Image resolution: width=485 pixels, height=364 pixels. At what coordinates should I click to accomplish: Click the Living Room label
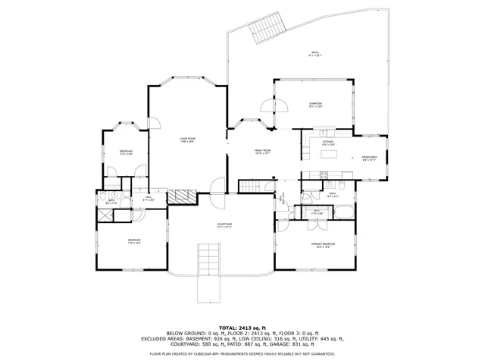187,139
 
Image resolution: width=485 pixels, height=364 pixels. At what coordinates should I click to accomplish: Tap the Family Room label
262,151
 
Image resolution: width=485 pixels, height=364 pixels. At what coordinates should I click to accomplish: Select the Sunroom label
316,105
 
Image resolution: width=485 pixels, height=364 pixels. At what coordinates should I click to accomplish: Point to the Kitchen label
328,143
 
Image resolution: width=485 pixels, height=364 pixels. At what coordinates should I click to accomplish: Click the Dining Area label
370,158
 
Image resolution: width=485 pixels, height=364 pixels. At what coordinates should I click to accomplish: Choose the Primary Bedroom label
322,245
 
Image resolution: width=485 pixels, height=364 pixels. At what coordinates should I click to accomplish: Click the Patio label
314,54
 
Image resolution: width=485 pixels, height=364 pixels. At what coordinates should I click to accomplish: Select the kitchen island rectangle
330,154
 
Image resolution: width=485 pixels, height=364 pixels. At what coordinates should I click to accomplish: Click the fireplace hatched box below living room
182,197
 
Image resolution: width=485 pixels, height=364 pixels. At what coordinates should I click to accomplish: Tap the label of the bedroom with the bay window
126,152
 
